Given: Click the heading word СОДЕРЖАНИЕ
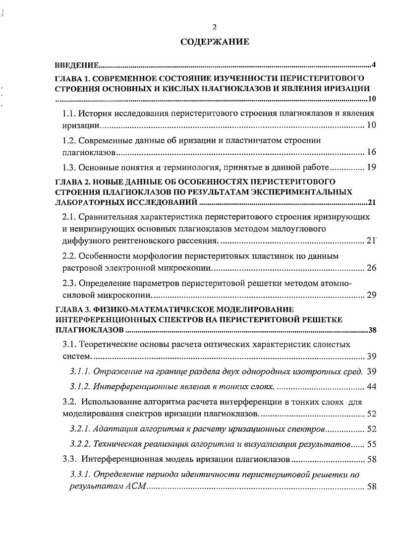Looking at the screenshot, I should [215, 42].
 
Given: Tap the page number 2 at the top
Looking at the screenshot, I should [214, 27].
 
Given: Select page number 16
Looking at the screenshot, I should [371, 152].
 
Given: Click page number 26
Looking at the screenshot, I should [371, 268].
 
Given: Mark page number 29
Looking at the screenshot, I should [371, 295].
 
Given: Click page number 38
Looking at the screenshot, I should [372, 330].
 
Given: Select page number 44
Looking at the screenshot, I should [371, 386].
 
